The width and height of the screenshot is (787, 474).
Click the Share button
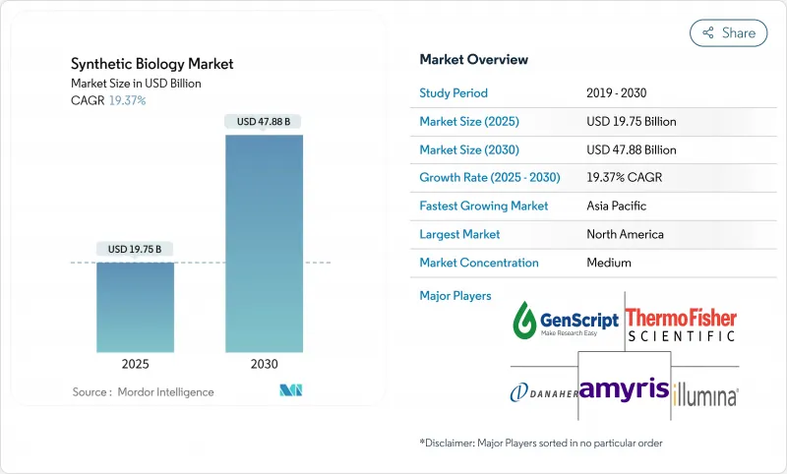[x=728, y=32]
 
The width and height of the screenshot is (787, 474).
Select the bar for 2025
[x=135, y=307]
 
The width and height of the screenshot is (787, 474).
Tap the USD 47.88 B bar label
[x=264, y=122]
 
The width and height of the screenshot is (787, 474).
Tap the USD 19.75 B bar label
[x=135, y=249]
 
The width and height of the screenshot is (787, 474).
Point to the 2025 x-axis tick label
[x=135, y=363]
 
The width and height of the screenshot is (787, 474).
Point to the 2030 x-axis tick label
[x=264, y=363]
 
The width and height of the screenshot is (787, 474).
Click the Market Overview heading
[x=473, y=60]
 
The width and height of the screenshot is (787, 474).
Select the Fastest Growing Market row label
[x=483, y=207]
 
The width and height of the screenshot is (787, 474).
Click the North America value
[x=625, y=235]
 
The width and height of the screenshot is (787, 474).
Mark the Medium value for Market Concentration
[x=608, y=263]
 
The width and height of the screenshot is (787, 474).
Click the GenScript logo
[x=566, y=321]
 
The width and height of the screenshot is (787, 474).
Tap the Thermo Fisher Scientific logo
[x=682, y=324]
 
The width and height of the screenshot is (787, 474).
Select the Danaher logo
[x=541, y=392]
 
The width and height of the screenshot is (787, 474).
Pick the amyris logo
[x=624, y=387]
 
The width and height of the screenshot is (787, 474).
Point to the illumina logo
[x=705, y=395]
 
